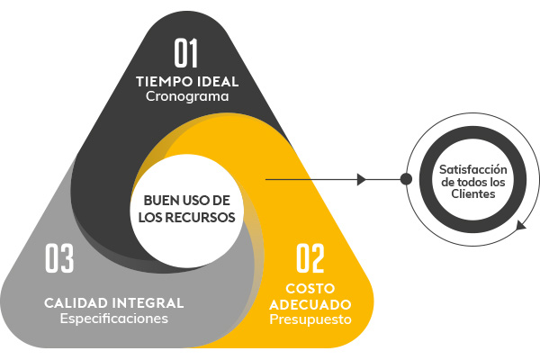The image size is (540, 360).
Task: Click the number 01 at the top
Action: pos(186,52)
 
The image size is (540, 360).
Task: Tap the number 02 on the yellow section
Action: pos(310,258)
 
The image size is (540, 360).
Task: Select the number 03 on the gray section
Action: pos(59,258)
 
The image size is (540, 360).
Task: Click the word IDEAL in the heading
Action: pos(218,81)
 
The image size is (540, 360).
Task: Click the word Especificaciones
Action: pos(113,318)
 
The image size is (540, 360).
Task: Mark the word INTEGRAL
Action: pos(148,302)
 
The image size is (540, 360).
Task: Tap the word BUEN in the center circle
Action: pos(155,200)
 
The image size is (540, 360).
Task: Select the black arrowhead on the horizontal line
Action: pos(362,179)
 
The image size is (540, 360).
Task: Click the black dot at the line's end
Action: pos(407,179)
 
